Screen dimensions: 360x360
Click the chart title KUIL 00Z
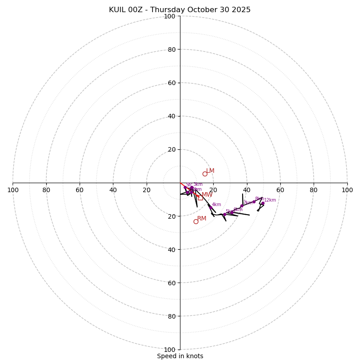click(180, 10)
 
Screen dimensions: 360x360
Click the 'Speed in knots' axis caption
click(180, 356)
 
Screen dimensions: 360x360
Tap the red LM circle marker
click(205, 174)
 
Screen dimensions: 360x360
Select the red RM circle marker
click(196, 221)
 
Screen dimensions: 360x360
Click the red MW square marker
click(200, 198)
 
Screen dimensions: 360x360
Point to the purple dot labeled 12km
click(263, 203)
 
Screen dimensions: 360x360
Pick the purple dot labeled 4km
click(211, 207)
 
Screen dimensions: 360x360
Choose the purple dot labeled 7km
click(242, 206)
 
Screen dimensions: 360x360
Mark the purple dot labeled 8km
click(254, 202)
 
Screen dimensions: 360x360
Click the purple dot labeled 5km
click(225, 214)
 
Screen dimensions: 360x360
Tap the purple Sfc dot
click(185, 187)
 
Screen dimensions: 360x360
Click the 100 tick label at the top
click(170, 16)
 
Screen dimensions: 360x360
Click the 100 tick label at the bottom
click(170, 349)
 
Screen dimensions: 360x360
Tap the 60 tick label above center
click(171, 83)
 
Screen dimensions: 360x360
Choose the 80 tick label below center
click(171, 316)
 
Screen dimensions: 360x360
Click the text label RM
click(202, 219)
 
